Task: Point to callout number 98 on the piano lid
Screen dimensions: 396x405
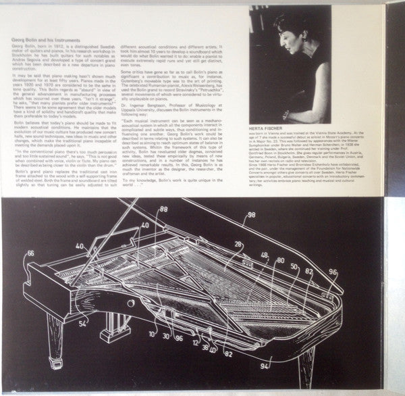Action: [x=251, y=214]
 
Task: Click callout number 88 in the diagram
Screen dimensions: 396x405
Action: [x=163, y=210]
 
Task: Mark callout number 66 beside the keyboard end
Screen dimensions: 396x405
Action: [x=31, y=253]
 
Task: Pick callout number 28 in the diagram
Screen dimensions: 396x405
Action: [x=238, y=244]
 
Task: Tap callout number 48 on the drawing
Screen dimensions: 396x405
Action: [x=264, y=255]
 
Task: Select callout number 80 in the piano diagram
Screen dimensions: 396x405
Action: [x=280, y=260]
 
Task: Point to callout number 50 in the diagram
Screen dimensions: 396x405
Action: [x=294, y=266]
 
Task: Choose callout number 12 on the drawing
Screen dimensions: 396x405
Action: [x=194, y=342]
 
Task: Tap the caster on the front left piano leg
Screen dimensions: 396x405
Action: [x=55, y=364]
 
